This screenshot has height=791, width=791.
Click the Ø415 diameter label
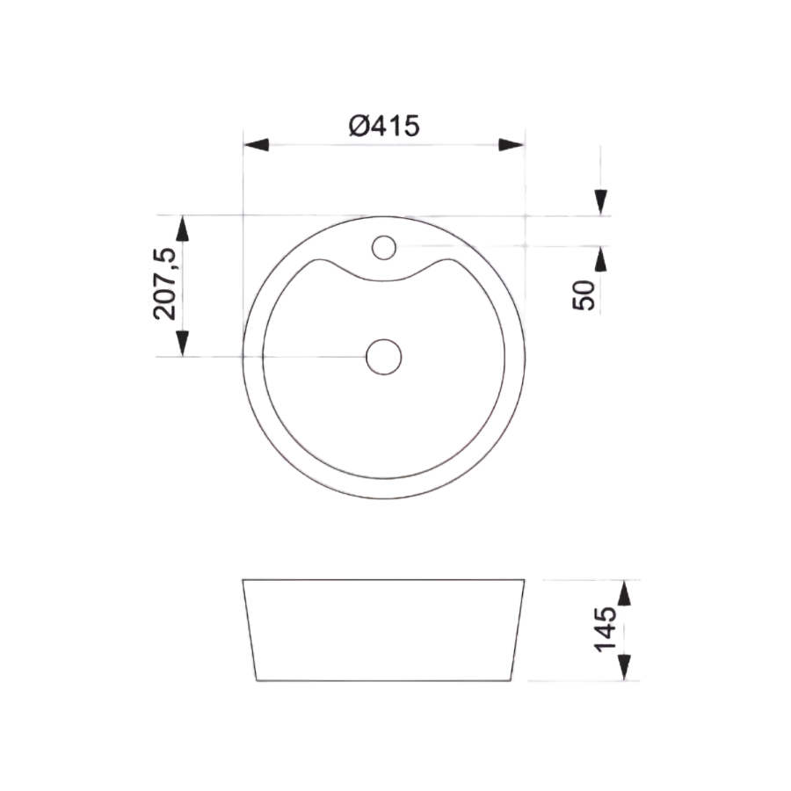click(384, 126)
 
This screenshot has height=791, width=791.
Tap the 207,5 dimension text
click(165, 284)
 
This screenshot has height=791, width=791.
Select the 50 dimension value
click(584, 295)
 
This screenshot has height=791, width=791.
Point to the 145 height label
click(605, 629)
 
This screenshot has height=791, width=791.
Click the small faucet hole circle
click(384, 248)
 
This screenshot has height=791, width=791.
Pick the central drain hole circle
click(384, 357)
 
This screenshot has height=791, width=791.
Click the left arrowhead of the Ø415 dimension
click(256, 145)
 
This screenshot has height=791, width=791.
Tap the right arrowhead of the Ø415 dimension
click(511, 145)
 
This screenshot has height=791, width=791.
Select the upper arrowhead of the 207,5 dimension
click(183, 228)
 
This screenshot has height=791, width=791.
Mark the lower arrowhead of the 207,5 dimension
click(183, 344)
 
